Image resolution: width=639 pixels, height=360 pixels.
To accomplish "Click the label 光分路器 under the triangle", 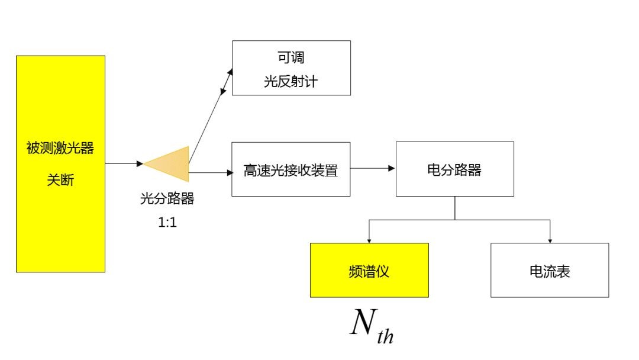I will (x=167, y=199).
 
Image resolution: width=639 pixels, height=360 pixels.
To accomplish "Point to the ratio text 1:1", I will (x=167, y=224).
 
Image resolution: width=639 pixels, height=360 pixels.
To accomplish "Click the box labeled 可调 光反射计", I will (x=291, y=68).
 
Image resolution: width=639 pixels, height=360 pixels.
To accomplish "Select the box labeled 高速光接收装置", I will (x=291, y=169).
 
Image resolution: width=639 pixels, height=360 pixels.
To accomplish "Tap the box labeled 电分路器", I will (x=454, y=169).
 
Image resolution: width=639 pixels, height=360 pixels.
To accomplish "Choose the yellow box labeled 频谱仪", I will (x=369, y=270).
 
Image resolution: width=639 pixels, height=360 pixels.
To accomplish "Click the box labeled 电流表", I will (x=550, y=270).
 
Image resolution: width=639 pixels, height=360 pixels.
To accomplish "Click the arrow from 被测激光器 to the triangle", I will (x=124, y=163).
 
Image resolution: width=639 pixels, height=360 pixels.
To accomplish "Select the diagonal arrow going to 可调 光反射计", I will (x=210, y=112).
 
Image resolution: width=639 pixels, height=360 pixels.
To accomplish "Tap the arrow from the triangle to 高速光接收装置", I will (x=211, y=173).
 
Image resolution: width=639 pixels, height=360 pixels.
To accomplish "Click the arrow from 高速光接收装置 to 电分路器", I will (x=373, y=169).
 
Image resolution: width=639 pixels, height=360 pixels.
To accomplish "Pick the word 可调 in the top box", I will (x=291, y=58).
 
